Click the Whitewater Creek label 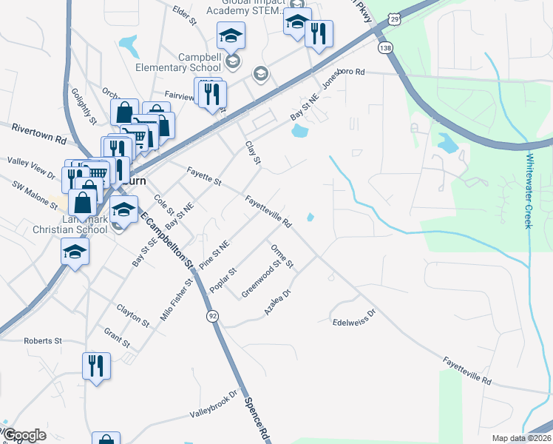[x=529, y=191]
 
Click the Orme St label [x=282, y=255]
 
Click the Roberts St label [x=43, y=340]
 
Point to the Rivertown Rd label [x=38, y=134]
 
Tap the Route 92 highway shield [x=212, y=316]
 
